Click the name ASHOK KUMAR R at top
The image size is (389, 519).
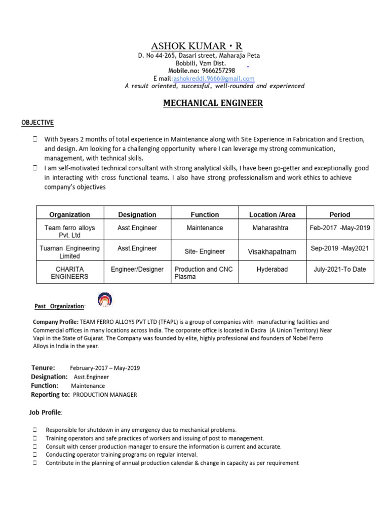[x=197, y=46]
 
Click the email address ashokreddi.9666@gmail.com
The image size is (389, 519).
[x=214, y=79]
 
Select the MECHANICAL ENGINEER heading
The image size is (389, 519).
[x=213, y=103]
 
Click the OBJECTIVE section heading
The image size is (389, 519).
[x=37, y=123]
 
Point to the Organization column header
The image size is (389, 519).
[x=69, y=214]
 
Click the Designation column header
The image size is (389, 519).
[x=137, y=214]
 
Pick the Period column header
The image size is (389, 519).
[x=339, y=214]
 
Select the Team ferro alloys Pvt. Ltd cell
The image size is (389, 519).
[x=69, y=232]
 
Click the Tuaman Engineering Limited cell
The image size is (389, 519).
[x=69, y=252]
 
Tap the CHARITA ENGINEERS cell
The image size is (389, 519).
[x=69, y=273]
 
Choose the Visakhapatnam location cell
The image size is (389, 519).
[x=272, y=251]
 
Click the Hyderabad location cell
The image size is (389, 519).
[x=272, y=269]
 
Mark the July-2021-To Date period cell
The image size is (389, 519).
[x=339, y=269]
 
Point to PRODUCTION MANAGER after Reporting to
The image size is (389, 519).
[x=105, y=395]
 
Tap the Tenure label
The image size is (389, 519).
[x=43, y=367]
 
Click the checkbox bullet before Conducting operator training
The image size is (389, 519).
[x=35, y=455]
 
